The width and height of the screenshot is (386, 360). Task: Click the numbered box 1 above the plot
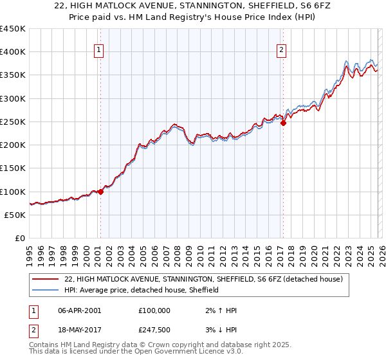click(x=100, y=51)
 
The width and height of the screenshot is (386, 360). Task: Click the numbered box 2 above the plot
click(x=282, y=51)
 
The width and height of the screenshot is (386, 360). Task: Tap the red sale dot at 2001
click(x=100, y=192)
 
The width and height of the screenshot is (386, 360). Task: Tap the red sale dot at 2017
click(x=283, y=123)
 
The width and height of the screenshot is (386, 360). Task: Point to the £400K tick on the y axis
click(x=13, y=52)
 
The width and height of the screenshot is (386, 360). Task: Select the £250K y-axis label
click(x=13, y=122)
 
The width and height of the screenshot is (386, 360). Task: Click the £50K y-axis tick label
click(x=15, y=215)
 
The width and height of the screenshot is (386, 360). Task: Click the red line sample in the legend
click(x=46, y=280)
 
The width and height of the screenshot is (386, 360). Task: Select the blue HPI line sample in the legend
click(x=46, y=291)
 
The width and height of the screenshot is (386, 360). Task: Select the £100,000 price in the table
click(x=154, y=310)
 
